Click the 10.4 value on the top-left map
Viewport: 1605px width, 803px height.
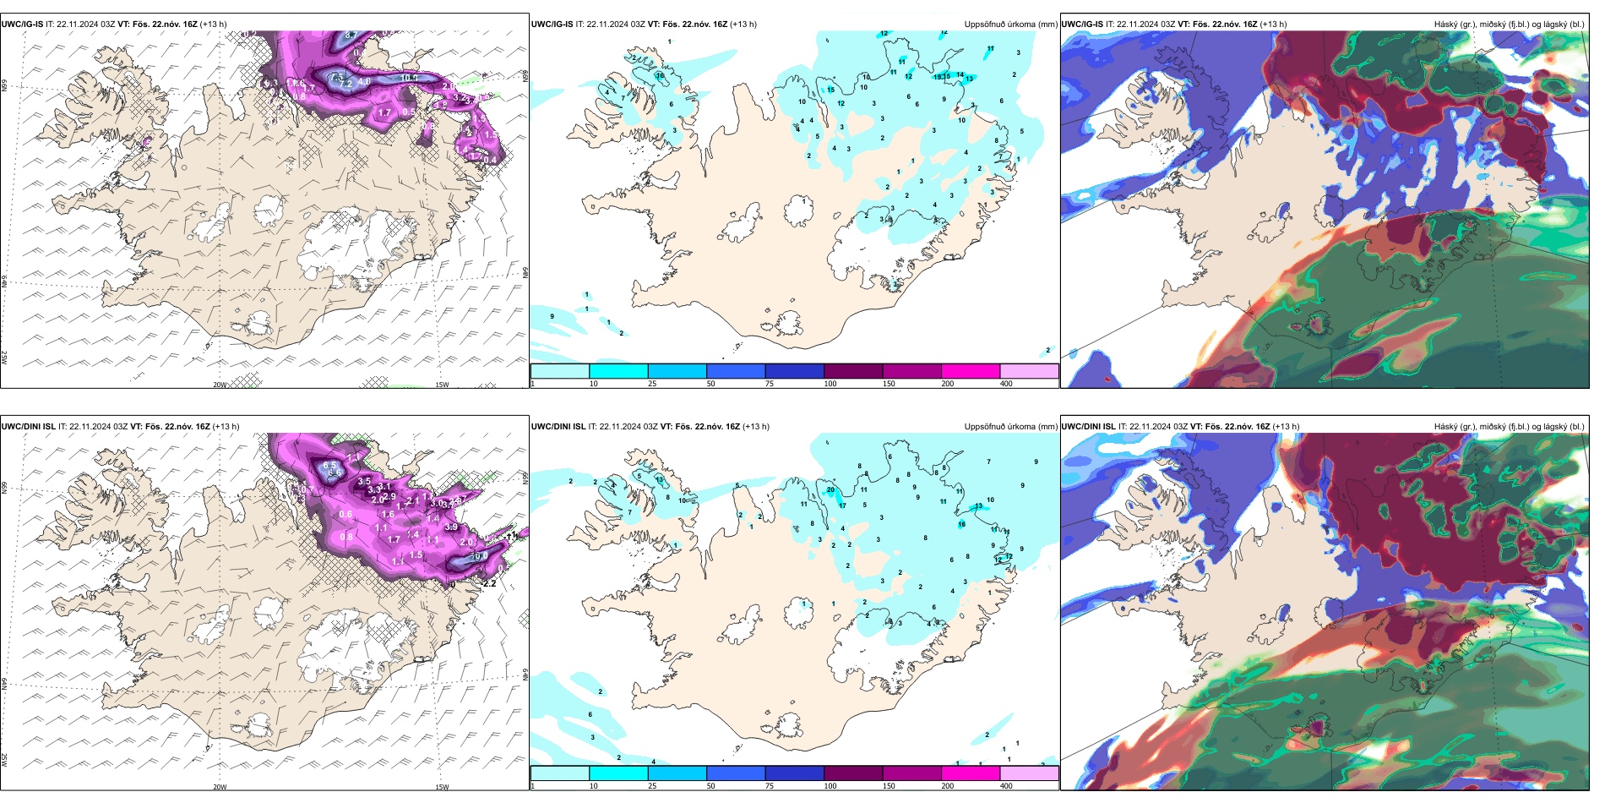click(x=409, y=79)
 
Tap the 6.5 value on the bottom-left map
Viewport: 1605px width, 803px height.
click(x=329, y=466)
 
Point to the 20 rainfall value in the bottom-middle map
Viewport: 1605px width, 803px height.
click(x=830, y=490)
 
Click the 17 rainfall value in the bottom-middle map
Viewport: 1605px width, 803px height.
click(x=842, y=505)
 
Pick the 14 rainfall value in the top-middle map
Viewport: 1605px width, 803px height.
click(x=960, y=75)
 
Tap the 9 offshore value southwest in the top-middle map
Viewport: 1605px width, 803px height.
click(x=552, y=316)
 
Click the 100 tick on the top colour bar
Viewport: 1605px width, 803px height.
click(x=830, y=384)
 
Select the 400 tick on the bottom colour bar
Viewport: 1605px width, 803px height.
click(x=1006, y=786)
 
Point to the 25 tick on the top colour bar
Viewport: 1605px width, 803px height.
click(x=652, y=384)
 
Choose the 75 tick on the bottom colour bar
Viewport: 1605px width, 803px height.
click(x=770, y=786)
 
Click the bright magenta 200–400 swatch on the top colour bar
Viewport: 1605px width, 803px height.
click(x=971, y=371)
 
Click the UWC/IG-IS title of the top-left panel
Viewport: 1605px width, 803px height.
click(x=22, y=25)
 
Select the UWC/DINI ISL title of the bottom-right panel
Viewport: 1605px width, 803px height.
click(x=1089, y=427)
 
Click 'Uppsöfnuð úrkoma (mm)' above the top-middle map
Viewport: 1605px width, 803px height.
click(x=1010, y=25)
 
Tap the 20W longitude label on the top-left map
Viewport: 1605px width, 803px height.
click(x=220, y=385)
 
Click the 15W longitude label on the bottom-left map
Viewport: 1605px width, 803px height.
click(x=442, y=787)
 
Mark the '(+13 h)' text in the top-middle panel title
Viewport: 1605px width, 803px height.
click(x=743, y=25)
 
